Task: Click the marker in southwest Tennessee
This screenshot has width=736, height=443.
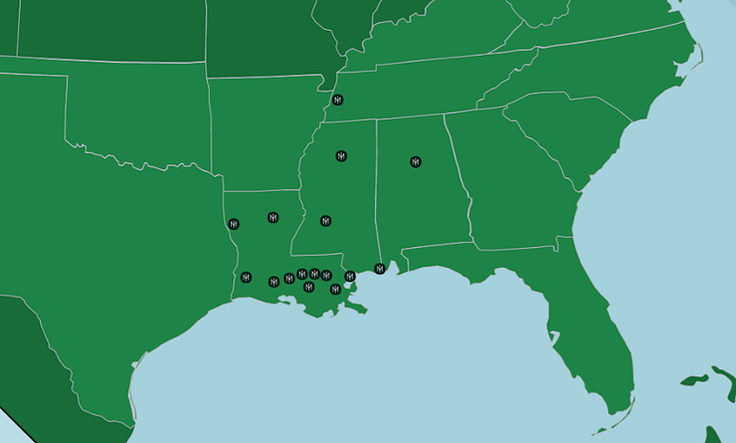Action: pos(338,101)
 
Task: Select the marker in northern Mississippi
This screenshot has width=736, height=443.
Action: pos(341,156)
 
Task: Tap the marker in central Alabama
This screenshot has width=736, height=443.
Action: pos(416,161)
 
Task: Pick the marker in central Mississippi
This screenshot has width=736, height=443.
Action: pos(325,220)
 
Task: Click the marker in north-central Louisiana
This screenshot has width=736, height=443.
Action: pos(273,217)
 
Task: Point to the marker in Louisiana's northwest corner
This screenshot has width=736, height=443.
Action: pos(234,224)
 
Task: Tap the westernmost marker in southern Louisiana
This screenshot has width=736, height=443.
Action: pos(246,277)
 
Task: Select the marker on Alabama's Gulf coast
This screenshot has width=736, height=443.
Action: pos(379,269)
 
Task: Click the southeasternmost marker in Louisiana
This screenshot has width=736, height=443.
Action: pos(335,290)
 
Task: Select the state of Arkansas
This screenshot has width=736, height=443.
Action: pos(264,129)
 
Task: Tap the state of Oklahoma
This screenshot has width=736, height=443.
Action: pos(139,110)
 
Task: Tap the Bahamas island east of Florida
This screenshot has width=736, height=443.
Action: pos(696,379)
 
